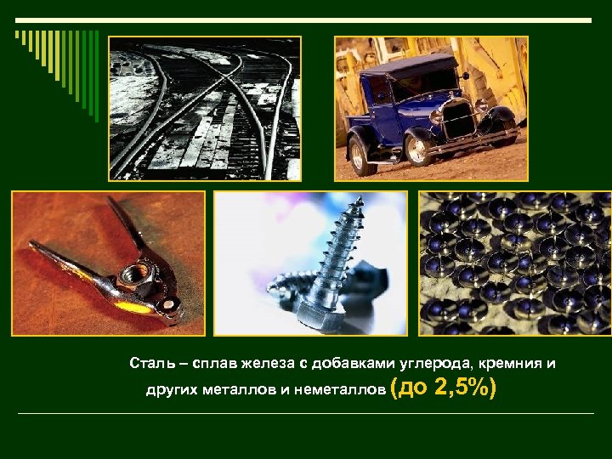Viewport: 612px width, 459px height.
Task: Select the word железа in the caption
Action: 265,364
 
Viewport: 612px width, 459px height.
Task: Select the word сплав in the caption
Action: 212,364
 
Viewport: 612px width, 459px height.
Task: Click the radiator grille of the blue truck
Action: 458,120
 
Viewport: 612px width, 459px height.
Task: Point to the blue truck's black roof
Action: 399,65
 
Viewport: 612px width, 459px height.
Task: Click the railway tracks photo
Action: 204,108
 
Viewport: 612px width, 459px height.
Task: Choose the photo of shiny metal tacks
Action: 514,263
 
